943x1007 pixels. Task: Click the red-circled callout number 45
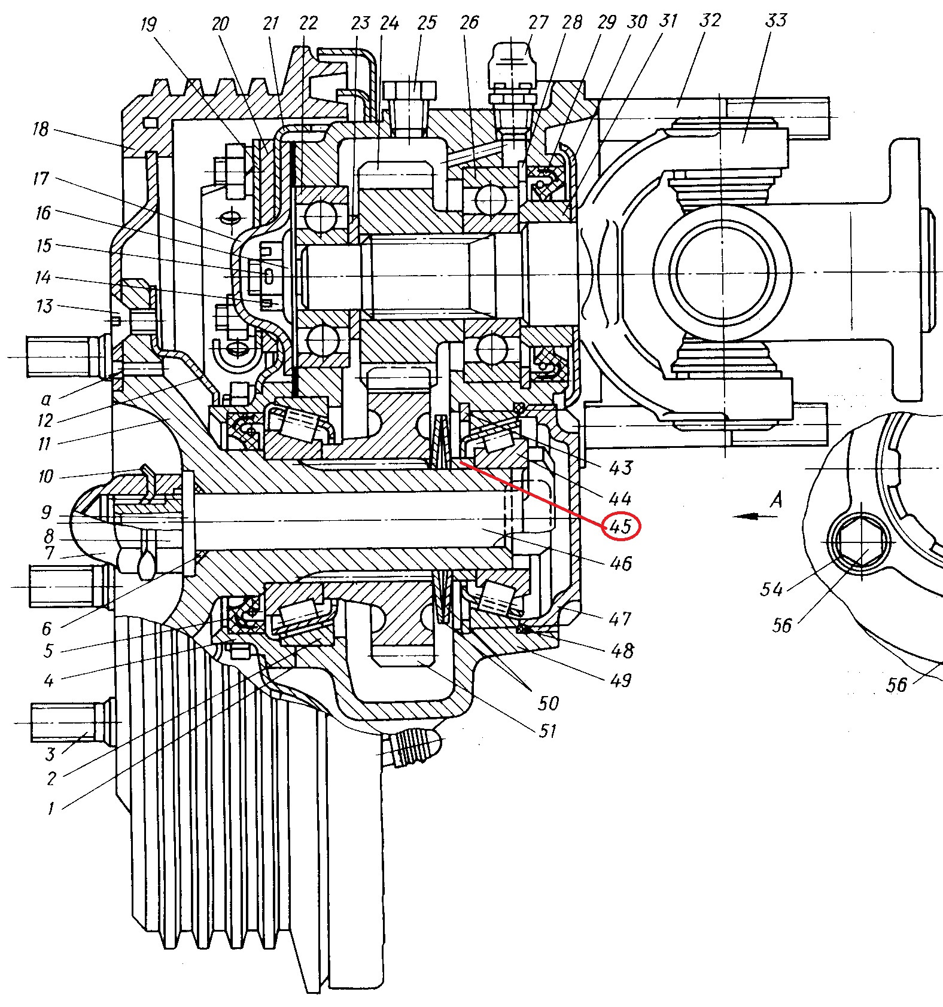(x=621, y=526)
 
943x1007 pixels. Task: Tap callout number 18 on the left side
(x=41, y=129)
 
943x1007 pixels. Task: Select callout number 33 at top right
(x=775, y=21)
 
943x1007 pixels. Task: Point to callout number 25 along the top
(x=427, y=23)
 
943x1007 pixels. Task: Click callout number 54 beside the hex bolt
(x=771, y=590)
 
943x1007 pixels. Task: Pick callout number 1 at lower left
(x=51, y=809)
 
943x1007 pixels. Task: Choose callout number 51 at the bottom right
(x=547, y=731)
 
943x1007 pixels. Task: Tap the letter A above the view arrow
(x=776, y=499)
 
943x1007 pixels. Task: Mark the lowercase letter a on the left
(x=46, y=399)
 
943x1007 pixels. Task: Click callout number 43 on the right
(x=620, y=468)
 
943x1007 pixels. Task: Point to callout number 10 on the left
(x=46, y=477)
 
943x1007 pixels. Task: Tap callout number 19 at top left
(x=148, y=25)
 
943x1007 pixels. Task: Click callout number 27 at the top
(x=538, y=23)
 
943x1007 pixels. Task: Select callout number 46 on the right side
(x=620, y=563)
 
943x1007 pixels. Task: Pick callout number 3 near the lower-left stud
(x=50, y=754)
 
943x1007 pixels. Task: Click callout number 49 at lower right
(x=620, y=680)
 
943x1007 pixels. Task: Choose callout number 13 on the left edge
(x=44, y=306)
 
